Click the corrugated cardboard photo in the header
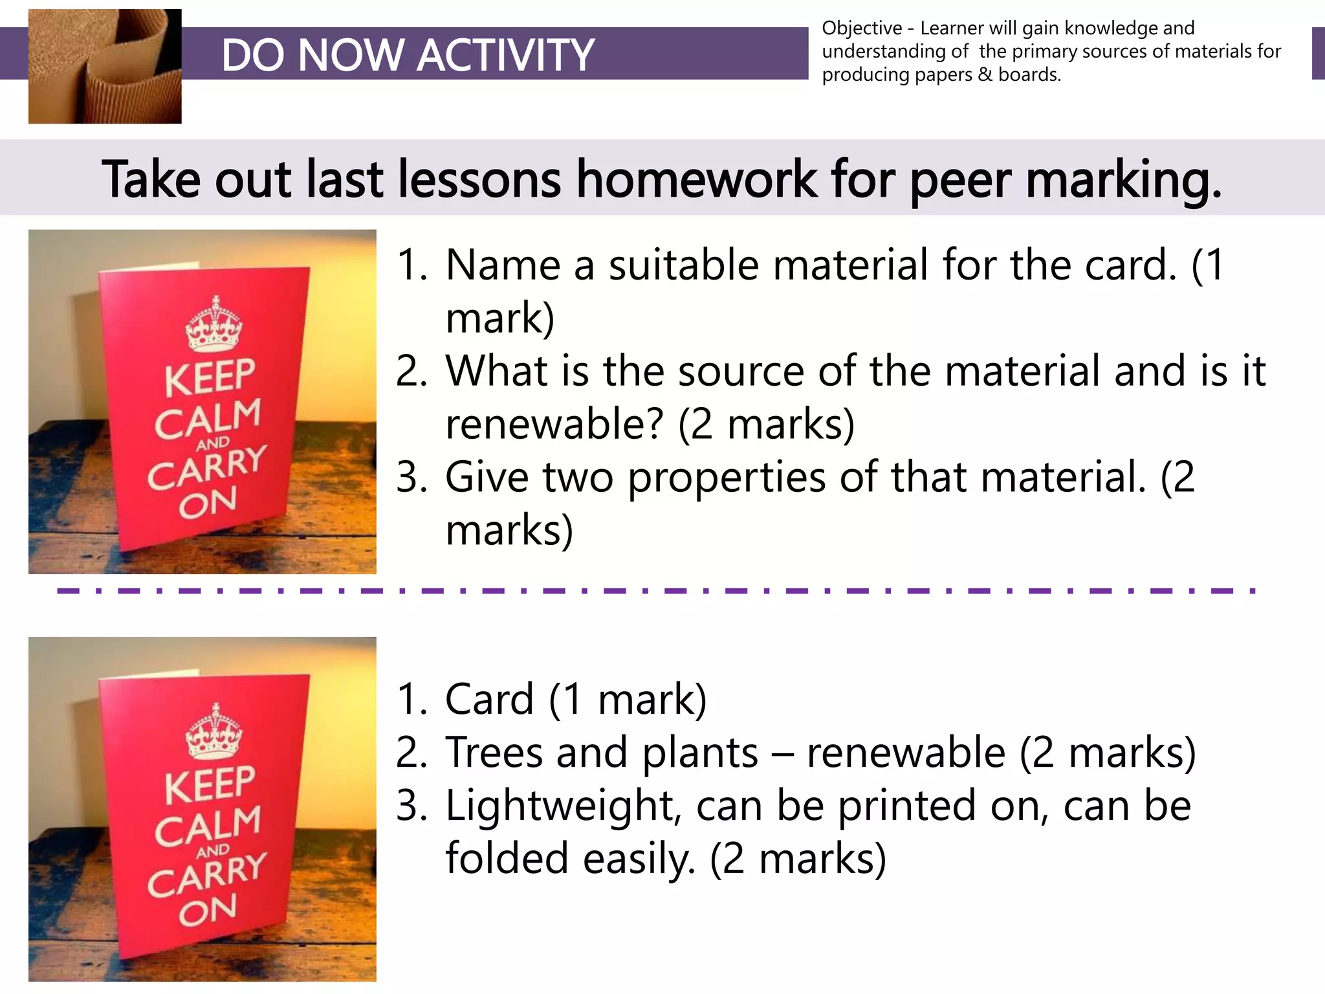pyautogui.click(x=105, y=66)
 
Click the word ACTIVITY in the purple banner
pyautogui.click(x=505, y=55)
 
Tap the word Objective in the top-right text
pyautogui.click(x=862, y=28)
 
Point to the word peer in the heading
pyautogui.click(x=960, y=181)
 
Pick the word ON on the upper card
pyautogui.click(x=208, y=502)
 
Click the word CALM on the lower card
pyautogui.click(x=208, y=826)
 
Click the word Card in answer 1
pyautogui.click(x=489, y=700)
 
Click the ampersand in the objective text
pyautogui.click(x=985, y=75)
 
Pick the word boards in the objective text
pyautogui.click(x=1029, y=75)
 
